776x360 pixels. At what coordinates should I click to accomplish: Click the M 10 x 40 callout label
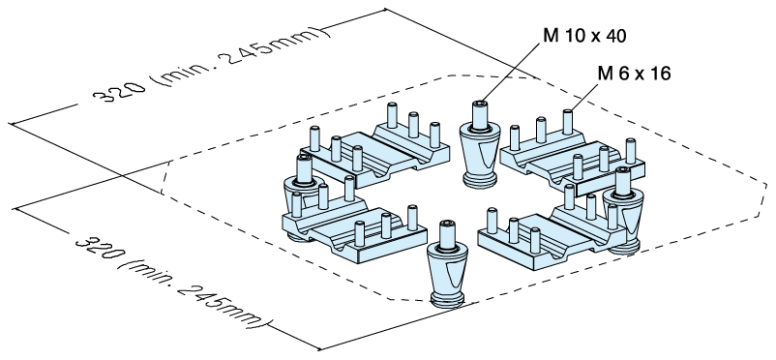585,36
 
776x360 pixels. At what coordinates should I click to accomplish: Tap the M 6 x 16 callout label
634,74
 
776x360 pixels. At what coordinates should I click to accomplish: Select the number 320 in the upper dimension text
120,92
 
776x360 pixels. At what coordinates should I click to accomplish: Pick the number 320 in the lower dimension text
98,247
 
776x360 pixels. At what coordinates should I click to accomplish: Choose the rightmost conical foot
622,210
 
